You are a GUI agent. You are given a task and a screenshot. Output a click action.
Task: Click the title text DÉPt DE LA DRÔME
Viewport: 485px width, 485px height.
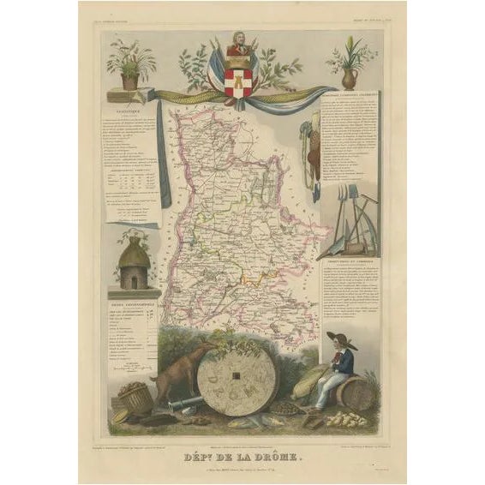coord(243,434)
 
